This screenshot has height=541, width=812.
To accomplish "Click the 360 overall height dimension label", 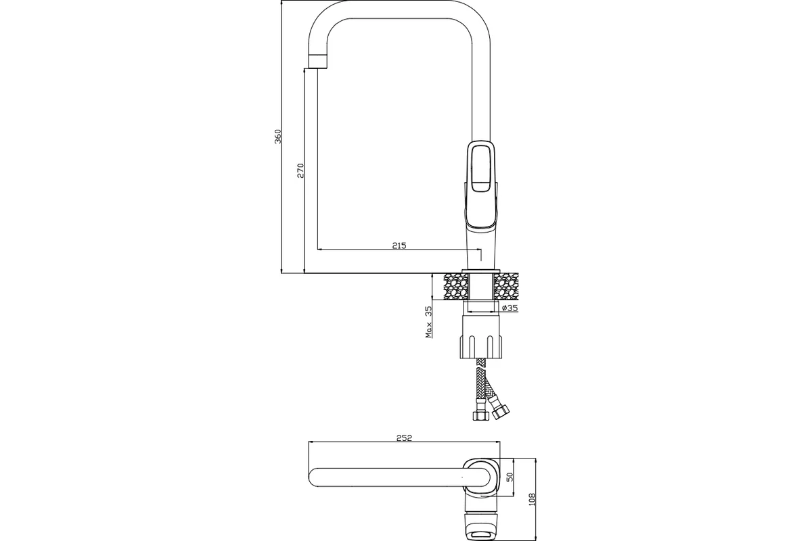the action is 277,136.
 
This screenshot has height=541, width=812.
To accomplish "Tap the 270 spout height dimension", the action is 300,170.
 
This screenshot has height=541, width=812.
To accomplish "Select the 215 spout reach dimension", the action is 399,245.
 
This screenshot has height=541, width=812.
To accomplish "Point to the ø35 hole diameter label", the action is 510,308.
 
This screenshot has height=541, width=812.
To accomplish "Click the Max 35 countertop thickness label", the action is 429,322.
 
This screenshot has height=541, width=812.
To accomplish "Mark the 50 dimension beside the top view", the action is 510,477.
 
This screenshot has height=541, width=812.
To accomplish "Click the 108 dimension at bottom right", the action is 532,499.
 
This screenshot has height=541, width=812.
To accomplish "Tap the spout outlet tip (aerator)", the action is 318,62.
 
